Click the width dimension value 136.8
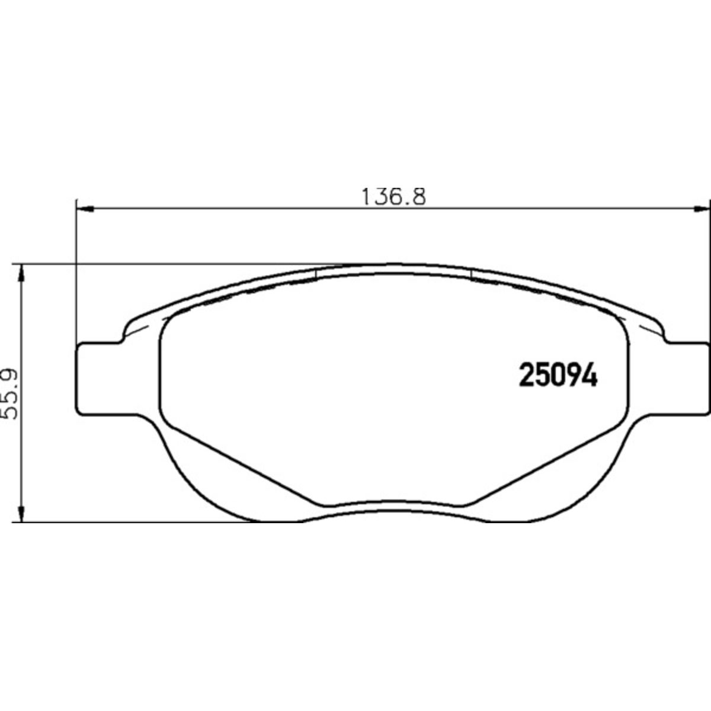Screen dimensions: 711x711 pos(393,196)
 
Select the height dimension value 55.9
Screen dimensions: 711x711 pos(10,394)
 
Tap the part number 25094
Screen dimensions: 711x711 pos(558,375)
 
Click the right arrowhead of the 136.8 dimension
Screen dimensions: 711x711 pos(702,208)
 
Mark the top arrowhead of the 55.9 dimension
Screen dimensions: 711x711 pos(22,273)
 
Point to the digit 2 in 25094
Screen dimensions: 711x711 pos(526,375)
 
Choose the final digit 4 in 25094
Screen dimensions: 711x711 pos(590,375)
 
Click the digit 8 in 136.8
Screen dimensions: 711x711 pos(418,196)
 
